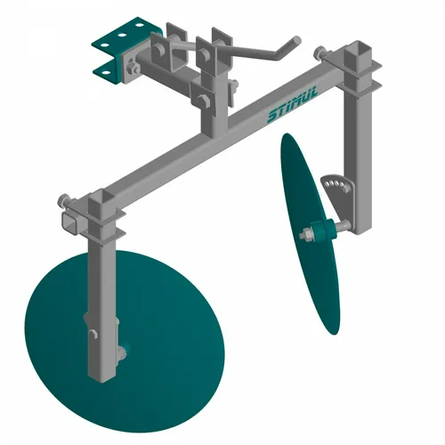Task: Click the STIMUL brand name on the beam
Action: (293, 105)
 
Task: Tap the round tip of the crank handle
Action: (296, 40)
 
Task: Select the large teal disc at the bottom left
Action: (125, 341)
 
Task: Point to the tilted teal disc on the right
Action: (310, 233)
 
